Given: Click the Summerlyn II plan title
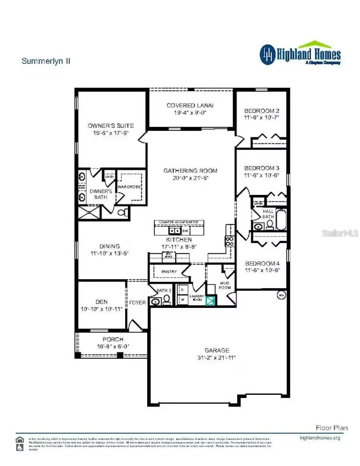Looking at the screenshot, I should (46, 61).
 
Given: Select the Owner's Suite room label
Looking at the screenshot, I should (111, 126).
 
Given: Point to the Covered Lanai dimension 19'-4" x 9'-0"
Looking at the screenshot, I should (190, 112).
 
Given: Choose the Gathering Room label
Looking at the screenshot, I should (190, 171).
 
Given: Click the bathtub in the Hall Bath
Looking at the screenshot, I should (282, 220).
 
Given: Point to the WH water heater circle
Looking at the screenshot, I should (281, 295).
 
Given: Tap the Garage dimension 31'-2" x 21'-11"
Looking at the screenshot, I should (217, 357).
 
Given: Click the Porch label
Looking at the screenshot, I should (113, 339).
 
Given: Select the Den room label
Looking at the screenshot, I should (102, 302).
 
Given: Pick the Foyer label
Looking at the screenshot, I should (137, 303).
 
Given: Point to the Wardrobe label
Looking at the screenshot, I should (128, 186).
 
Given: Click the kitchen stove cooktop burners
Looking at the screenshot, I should (230, 240).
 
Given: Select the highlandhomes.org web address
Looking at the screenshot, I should (320, 438).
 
